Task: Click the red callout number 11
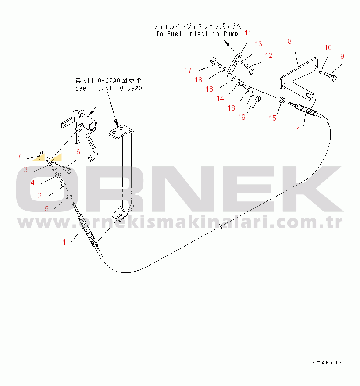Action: (x=248, y=32)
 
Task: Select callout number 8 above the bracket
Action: (x=289, y=41)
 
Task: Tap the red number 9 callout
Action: (x=342, y=56)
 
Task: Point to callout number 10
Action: (x=328, y=47)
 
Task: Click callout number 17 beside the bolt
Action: (x=188, y=70)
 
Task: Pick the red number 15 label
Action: (x=273, y=118)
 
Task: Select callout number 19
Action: (x=242, y=117)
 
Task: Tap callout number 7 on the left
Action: (x=19, y=156)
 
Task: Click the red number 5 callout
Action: (x=46, y=209)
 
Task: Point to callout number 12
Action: (x=268, y=55)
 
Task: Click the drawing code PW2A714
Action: (x=327, y=362)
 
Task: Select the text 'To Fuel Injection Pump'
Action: (x=197, y=34)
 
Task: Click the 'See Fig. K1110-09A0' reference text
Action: (x=109, y=88)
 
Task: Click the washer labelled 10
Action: (x=321, y=71)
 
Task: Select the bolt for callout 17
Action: (x=215, y=62)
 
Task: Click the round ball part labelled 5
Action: (x=70, y=199)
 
